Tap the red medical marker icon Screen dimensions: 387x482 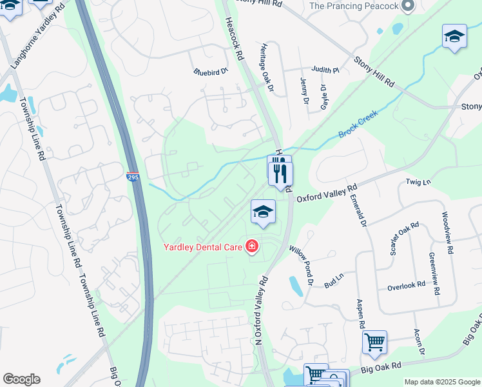251,246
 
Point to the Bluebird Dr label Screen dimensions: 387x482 211,72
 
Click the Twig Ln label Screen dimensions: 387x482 418,183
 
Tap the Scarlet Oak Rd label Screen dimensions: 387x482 404,239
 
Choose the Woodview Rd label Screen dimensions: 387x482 446,232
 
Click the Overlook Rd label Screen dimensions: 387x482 406,284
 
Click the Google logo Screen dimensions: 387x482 21,379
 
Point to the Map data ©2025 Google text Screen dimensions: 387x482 441,382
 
